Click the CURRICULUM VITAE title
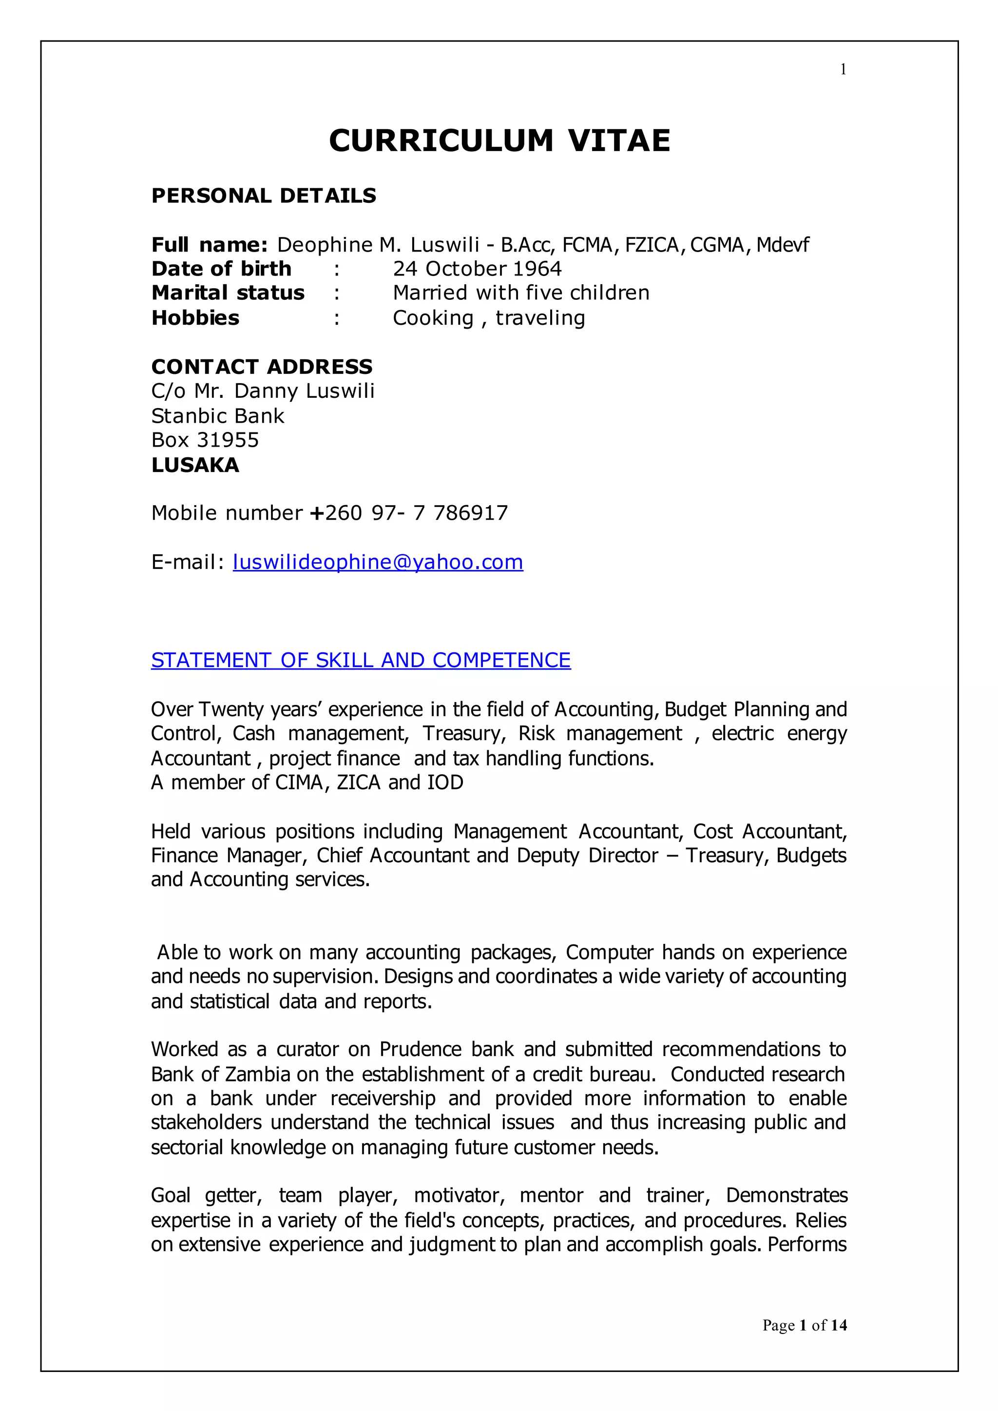[499, 141]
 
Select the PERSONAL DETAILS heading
[264, 196]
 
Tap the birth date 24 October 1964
[477, 269]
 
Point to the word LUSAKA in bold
[195, 465]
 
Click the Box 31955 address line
[205, 440]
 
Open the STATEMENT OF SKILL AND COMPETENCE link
[361, 660]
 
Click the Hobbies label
[195, 318]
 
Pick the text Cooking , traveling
[489, 318]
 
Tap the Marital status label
[228, 293]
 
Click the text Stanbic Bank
[217, 416]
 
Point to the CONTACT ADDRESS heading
[262, 367]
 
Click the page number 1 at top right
[843, 69]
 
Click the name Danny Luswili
[304, 391]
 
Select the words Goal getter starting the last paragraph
[206, 1195]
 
